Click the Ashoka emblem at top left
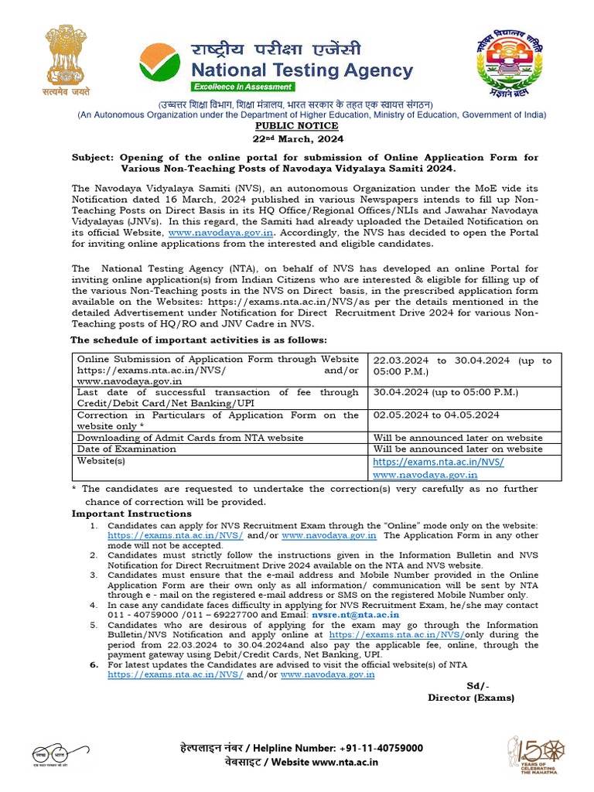click(x=67, y=61)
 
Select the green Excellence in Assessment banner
click(x=243, y=87)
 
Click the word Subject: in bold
click(x=93, y=157)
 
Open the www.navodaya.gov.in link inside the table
click(x=425, y=474)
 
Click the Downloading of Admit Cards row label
click(x=189, y=438)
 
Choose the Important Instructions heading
click(x=131, y=514)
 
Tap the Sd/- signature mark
click(x=478, y=686)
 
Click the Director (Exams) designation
click(x=470, y=698)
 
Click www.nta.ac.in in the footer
click(x=346, y=762)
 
